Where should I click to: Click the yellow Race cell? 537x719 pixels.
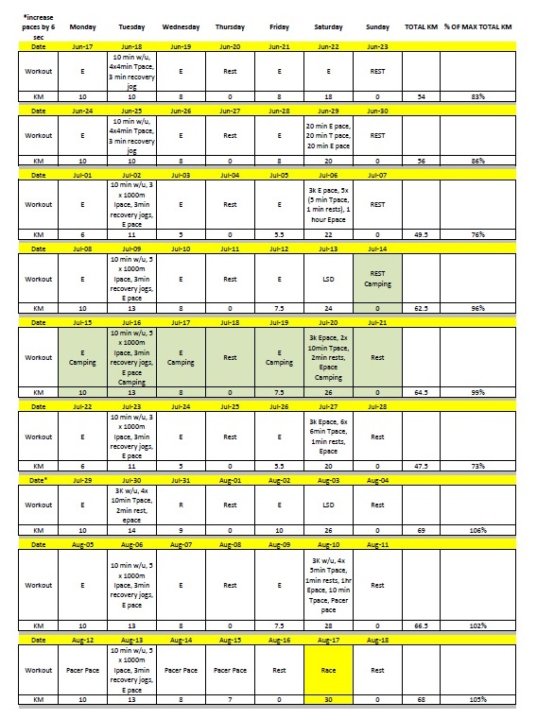click(325, 670)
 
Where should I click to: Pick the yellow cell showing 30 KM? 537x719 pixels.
click(325, 700)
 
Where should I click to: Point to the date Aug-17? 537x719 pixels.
click(325, 640)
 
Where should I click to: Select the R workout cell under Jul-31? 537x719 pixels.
click(181, 505)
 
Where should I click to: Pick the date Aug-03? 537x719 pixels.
click(325, 481)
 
